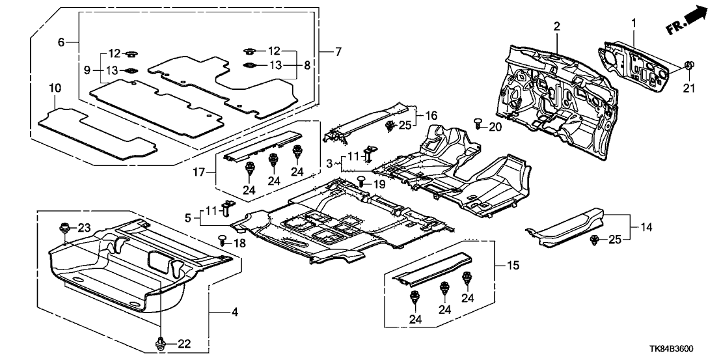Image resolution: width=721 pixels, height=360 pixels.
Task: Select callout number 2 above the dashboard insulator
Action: click(557, 26)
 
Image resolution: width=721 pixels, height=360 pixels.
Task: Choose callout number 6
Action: click(61, 42)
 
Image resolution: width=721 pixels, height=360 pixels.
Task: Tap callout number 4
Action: click(234, 313)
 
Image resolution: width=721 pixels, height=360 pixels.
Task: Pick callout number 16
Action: click(430, 115)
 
